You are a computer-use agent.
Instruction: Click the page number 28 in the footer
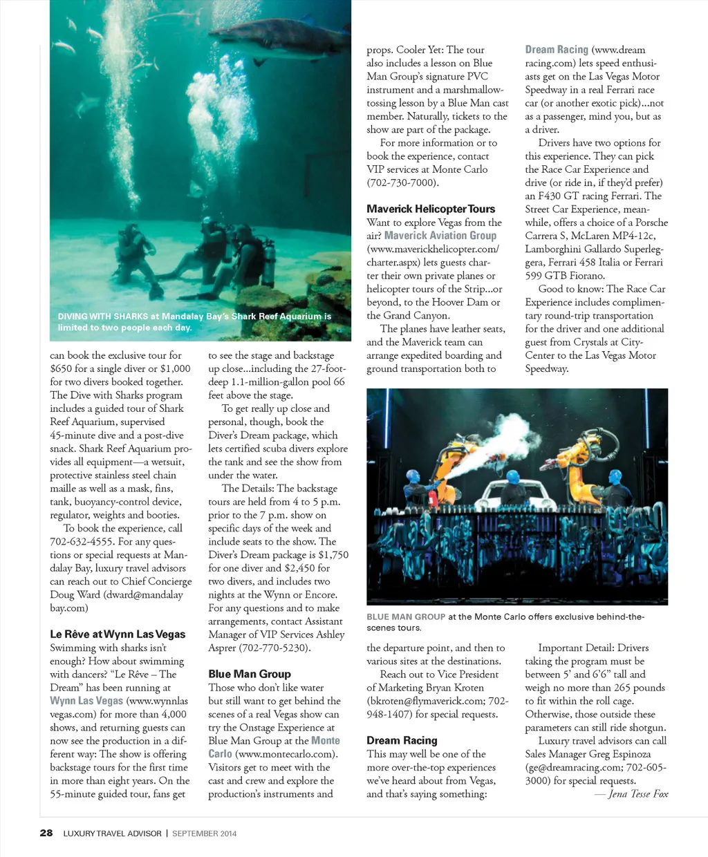coord(46,833)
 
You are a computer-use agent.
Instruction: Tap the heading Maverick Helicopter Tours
coord(431,209)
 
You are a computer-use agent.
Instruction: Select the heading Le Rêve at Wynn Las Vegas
coord(118,634)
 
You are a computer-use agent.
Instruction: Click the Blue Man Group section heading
coord(250,674)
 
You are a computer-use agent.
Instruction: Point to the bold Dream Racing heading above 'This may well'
coord(402,740)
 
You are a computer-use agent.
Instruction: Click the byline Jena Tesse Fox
coord(638,794)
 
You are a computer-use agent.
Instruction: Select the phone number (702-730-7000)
coord(402,182)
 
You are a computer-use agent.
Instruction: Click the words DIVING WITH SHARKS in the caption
coord(103,317)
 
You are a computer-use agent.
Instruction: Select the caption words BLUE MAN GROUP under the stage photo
coord(406,616)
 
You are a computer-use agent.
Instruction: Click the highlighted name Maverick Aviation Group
coord(440,236)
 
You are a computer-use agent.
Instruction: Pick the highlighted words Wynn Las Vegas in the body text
coord(86,701)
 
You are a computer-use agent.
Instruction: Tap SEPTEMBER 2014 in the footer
coord(204,834)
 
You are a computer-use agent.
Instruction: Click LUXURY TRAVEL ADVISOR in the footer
coord(112,834)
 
